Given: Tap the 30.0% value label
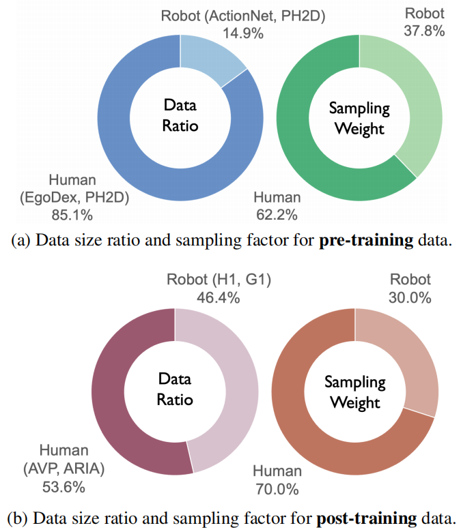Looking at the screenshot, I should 410,298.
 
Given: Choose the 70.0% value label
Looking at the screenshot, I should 276,489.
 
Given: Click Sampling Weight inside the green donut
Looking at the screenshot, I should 360,119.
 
